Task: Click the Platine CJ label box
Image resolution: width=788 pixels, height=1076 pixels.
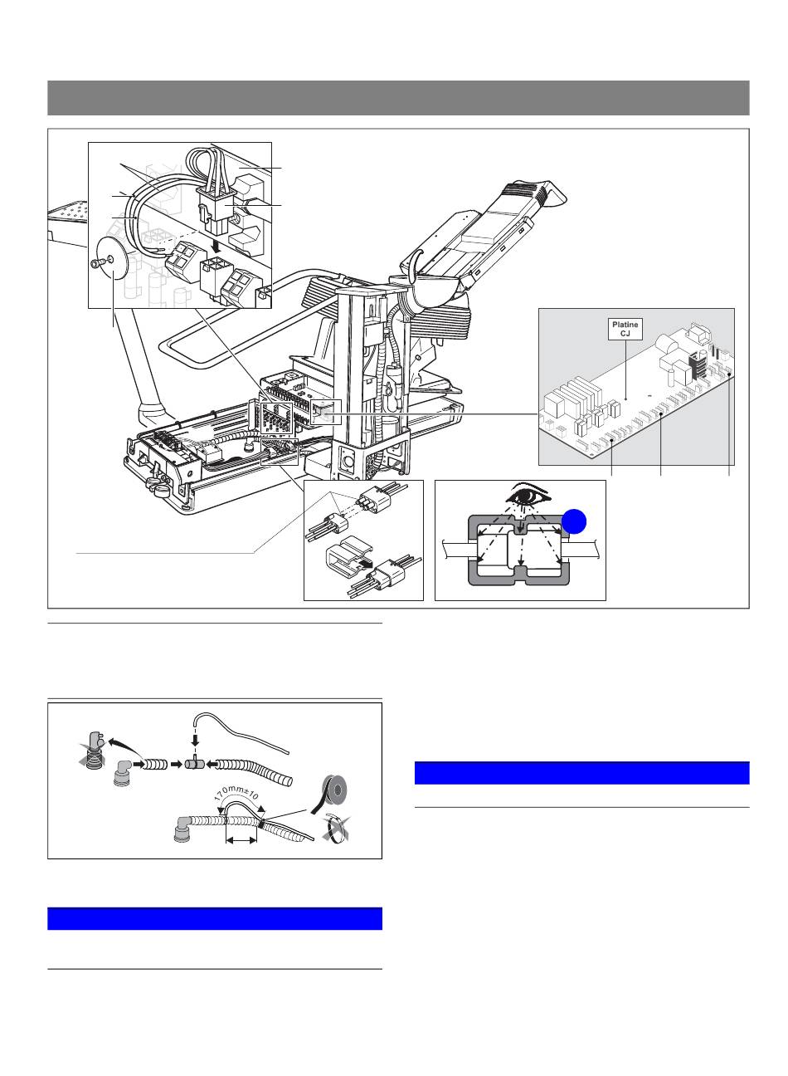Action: tap(625, 329)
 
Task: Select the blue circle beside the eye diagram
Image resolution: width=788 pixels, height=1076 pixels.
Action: tap(574, 521)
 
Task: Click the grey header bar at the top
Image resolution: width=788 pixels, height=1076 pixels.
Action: tap(398, 98)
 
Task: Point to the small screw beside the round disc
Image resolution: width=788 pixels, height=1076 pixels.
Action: tap(97, 262)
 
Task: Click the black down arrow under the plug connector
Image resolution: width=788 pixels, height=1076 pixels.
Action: tap(217, 247)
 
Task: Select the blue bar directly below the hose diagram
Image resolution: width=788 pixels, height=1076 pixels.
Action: tap(215, 918)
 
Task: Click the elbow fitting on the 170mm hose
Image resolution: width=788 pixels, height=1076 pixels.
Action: tap(184, 828)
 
